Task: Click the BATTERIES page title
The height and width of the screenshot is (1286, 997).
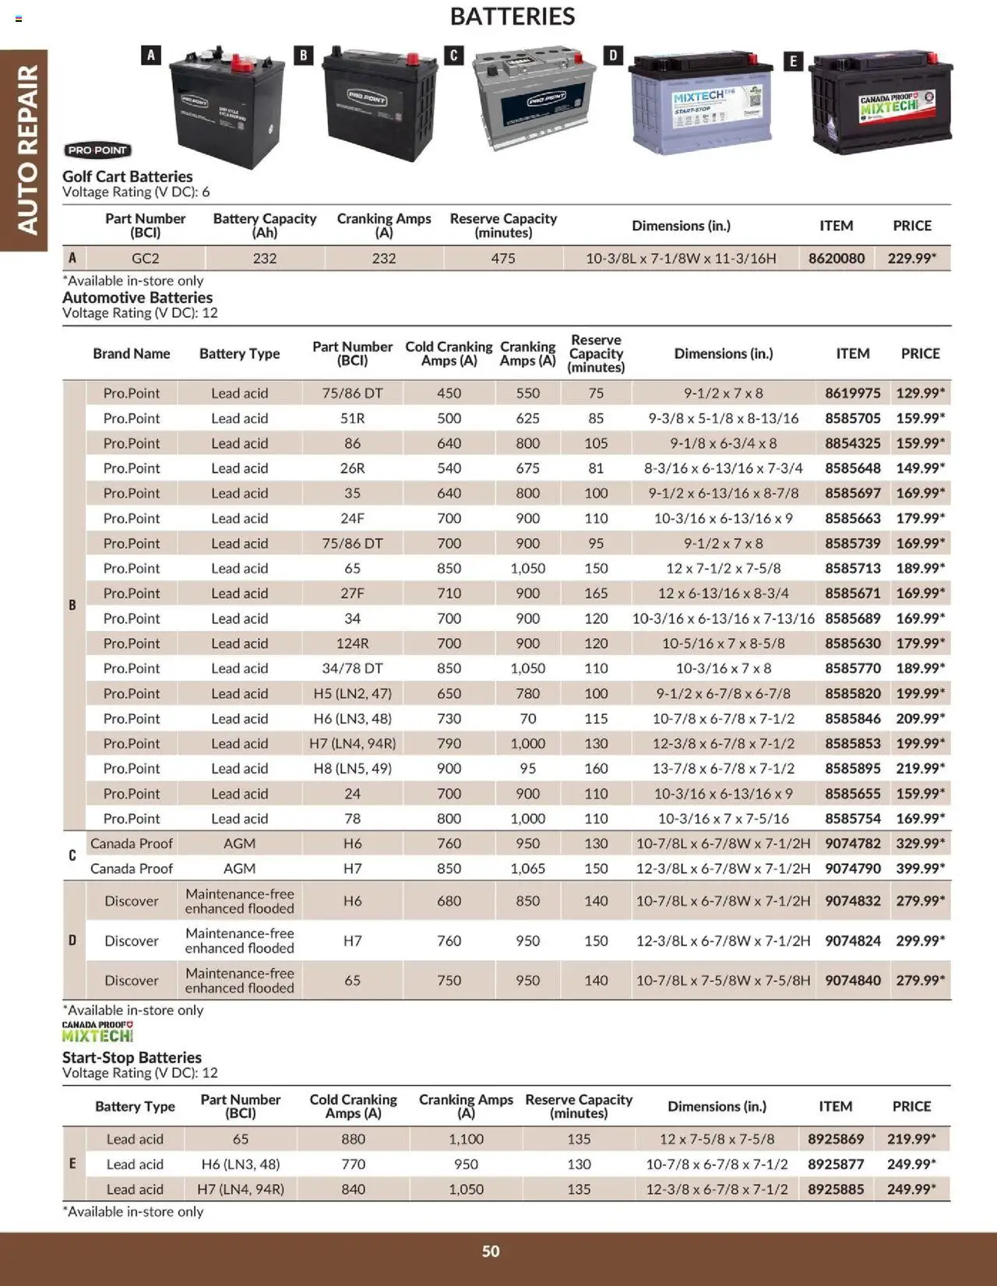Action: pos(512,16)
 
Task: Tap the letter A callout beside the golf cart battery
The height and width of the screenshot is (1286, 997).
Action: pos(151,55)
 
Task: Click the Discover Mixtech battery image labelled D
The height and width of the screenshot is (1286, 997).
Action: pos(701,104)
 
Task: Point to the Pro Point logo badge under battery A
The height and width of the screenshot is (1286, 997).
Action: pos(97,150)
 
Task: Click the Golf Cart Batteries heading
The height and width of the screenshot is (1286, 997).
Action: pos(128,177)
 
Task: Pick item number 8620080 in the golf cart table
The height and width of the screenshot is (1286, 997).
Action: pos(836,258)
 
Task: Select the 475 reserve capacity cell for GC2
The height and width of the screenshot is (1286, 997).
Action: pos(503,258)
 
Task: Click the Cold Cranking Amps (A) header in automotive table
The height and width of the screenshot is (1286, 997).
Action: pos(449,353)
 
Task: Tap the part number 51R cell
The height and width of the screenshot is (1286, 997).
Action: pos(352,418)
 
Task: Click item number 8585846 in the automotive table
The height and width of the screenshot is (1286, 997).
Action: pos(852,718)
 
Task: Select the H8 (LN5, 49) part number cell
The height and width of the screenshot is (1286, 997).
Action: pos(352,768)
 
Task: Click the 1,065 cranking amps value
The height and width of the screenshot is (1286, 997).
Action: pos(527,868)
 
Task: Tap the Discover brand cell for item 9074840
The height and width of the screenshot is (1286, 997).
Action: pos(131,980)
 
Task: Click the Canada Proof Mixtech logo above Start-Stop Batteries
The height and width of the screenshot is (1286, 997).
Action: pos(98,1032)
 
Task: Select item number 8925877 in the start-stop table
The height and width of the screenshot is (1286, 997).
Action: pos(835,1164)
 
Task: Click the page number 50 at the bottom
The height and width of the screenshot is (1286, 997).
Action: pos(491,1251)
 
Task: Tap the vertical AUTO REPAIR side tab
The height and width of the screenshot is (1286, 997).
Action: pos(26,150)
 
